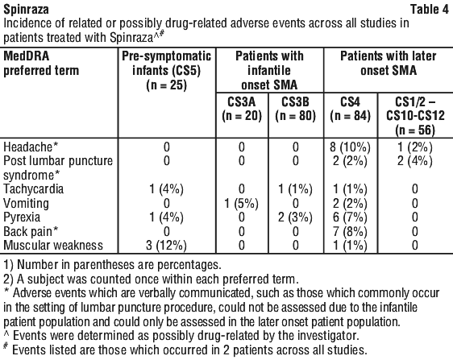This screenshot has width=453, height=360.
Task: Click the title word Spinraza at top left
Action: click(27, 9)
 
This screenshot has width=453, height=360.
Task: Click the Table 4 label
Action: click(430, 9)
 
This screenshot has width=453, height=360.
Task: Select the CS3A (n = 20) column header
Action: click(242, 109)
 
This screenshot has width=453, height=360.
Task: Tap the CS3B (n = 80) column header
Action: click(295, 109)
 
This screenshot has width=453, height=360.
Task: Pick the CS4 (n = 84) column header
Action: click(350, 109)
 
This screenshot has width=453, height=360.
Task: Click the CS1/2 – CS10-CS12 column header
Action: click(415, 116)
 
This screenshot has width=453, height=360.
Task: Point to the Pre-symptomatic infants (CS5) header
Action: click(166, 71)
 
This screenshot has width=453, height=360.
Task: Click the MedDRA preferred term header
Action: click(41, 64)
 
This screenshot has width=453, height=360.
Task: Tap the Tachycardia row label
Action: click(33, 189)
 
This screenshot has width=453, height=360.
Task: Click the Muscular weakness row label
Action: click(53, 246)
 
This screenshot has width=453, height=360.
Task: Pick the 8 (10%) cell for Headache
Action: click(350, 147)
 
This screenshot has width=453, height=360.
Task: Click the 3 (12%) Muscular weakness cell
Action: click(166, 246)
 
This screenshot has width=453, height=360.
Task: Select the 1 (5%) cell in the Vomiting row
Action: click(242, 204)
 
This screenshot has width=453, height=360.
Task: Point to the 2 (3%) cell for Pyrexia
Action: click(295, 217)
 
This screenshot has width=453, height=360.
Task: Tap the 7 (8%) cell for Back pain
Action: click(350, 231)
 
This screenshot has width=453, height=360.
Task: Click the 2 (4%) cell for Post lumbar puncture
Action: click(415, 161)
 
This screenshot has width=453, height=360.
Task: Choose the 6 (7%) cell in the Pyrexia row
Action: click(350, 217)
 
